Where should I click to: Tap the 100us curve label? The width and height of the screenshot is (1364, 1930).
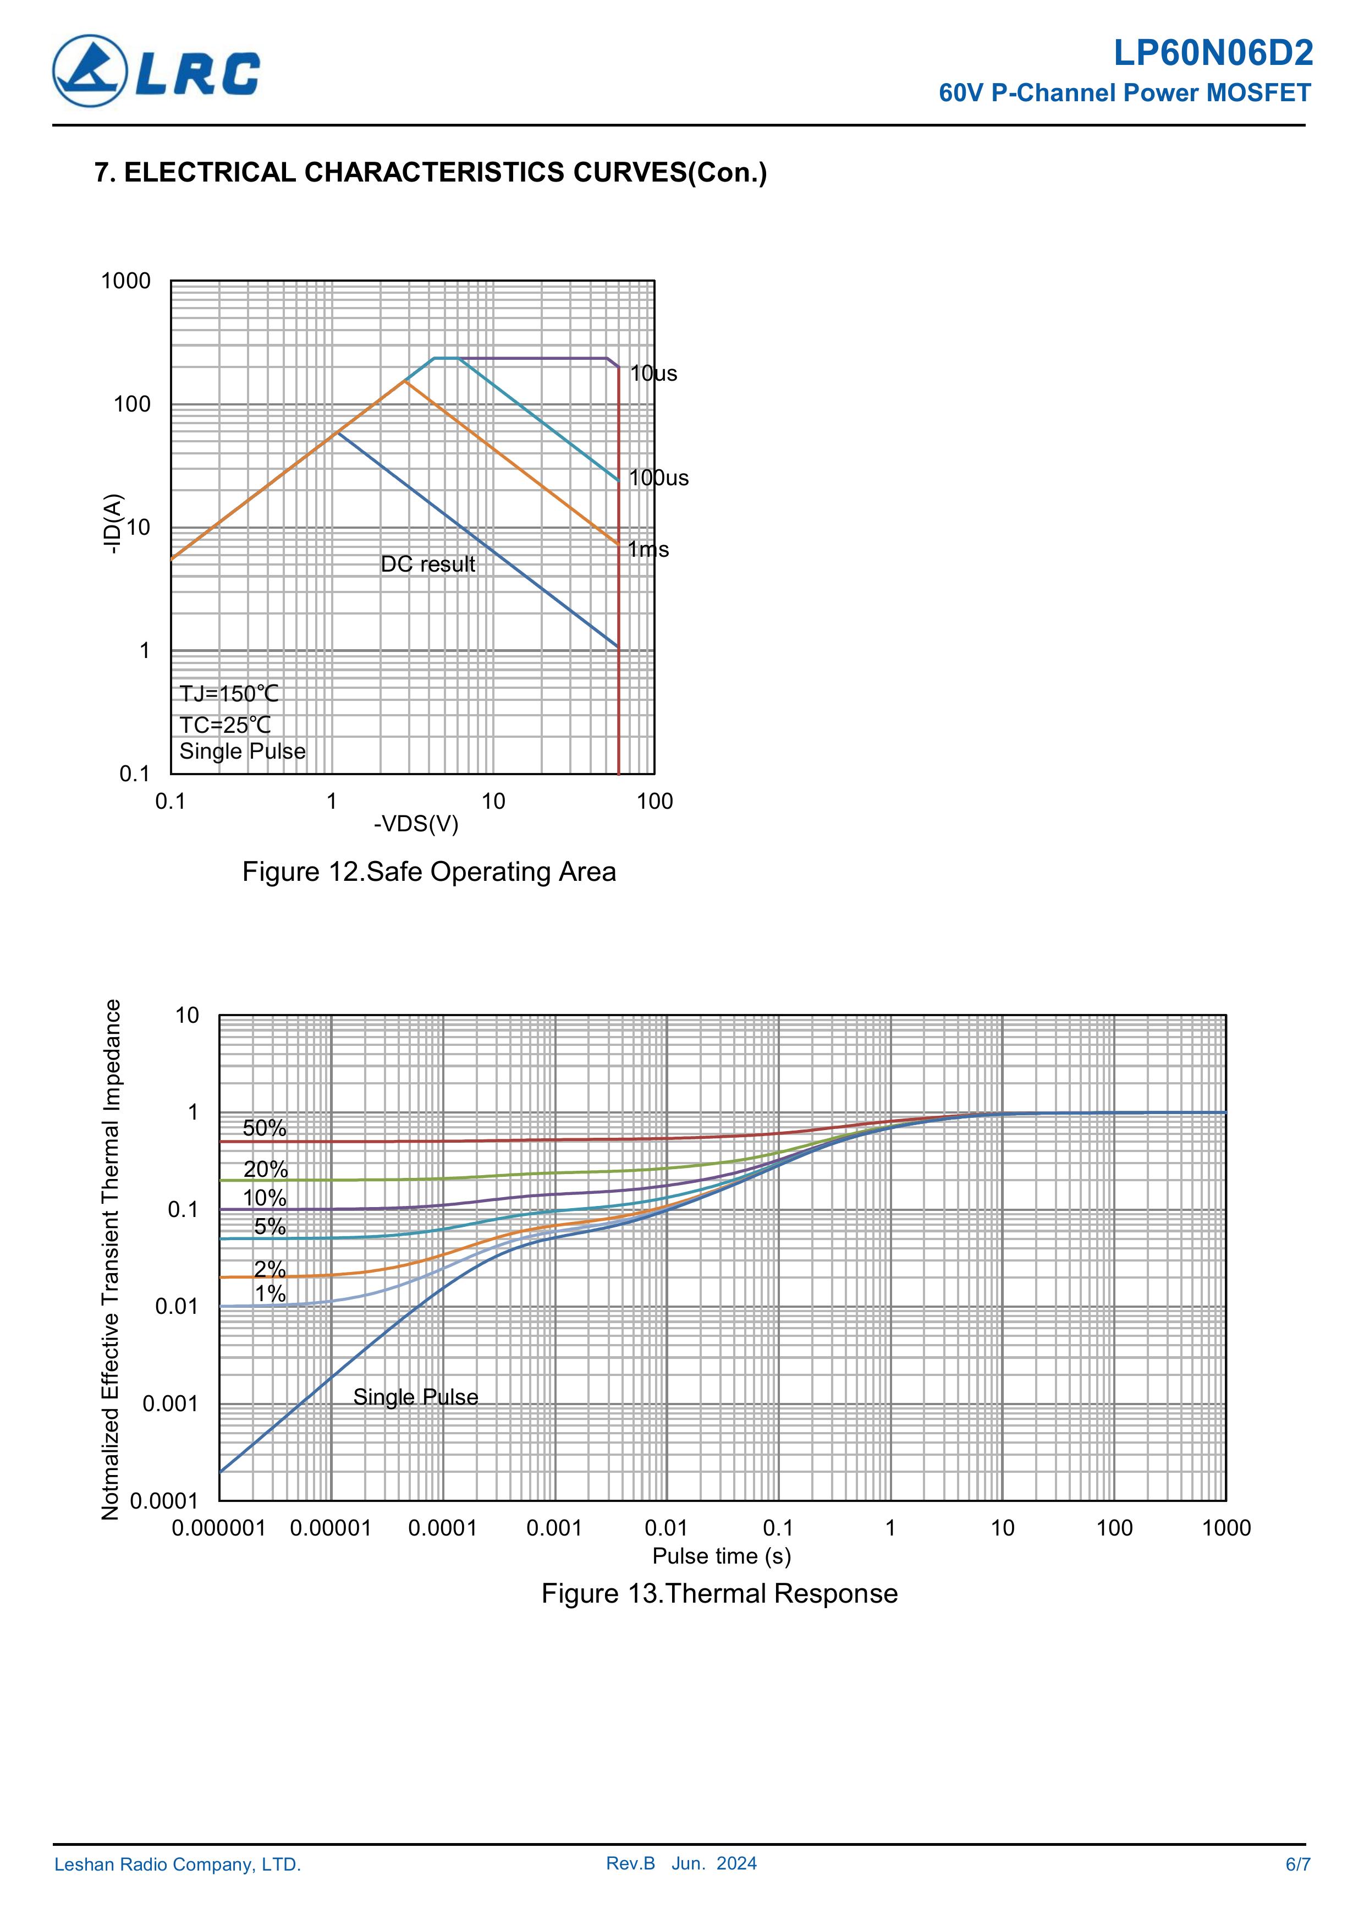coord(659,478)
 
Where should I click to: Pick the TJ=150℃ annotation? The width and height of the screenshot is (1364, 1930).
coord(229,694)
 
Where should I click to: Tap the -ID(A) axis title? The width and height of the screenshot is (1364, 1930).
coord(113,524)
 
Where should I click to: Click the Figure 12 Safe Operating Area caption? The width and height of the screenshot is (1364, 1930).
coord(428,871)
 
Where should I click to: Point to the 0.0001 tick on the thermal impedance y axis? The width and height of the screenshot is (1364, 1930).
coord(164,1501)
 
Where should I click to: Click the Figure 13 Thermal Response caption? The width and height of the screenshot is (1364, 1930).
coord(719,1594)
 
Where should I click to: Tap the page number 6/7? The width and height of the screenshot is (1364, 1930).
coord(1297,1865)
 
